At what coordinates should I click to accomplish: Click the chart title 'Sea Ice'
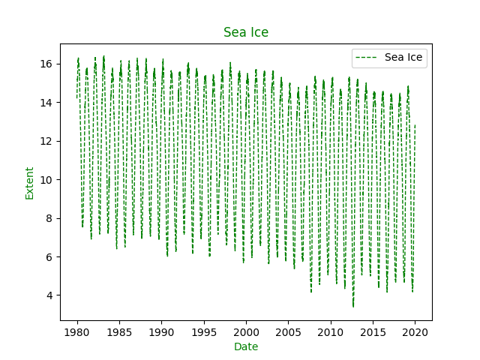click(246, 32)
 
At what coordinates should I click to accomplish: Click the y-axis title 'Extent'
click(30, 183)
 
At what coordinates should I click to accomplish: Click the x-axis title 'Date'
click(246, 346)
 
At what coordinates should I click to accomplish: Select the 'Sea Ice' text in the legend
click(403, 57)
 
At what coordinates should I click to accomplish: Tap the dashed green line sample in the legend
click(368, 57)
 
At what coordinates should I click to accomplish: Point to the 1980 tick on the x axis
click(77, 331)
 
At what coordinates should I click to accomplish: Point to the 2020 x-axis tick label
click(415, 331)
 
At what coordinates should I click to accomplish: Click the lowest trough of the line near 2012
click(353, 306)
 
